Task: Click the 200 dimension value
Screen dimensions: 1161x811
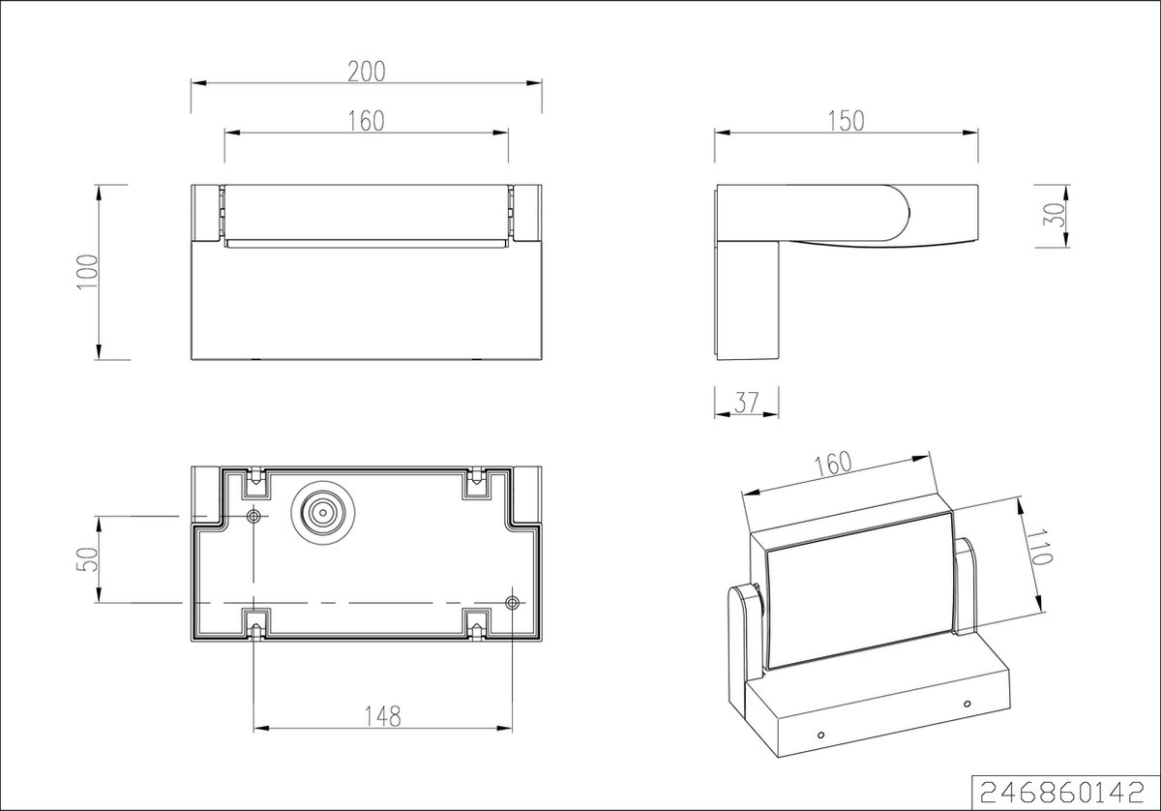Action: pos(367,72)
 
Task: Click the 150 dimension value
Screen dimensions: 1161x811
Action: pos(846,121)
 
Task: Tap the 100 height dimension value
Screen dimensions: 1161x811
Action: pos(88,272)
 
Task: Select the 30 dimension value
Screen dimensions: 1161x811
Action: pos(1055,214)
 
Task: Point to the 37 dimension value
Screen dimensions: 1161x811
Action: pos(746,403)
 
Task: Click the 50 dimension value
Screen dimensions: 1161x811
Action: pos(88,559)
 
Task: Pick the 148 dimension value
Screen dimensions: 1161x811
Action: pos(382,716)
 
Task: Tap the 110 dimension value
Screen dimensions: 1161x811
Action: pos(1039,547)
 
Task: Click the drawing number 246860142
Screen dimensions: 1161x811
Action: pos(1062,793)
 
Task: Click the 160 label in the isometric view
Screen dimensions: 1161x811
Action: pos(833,464)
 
